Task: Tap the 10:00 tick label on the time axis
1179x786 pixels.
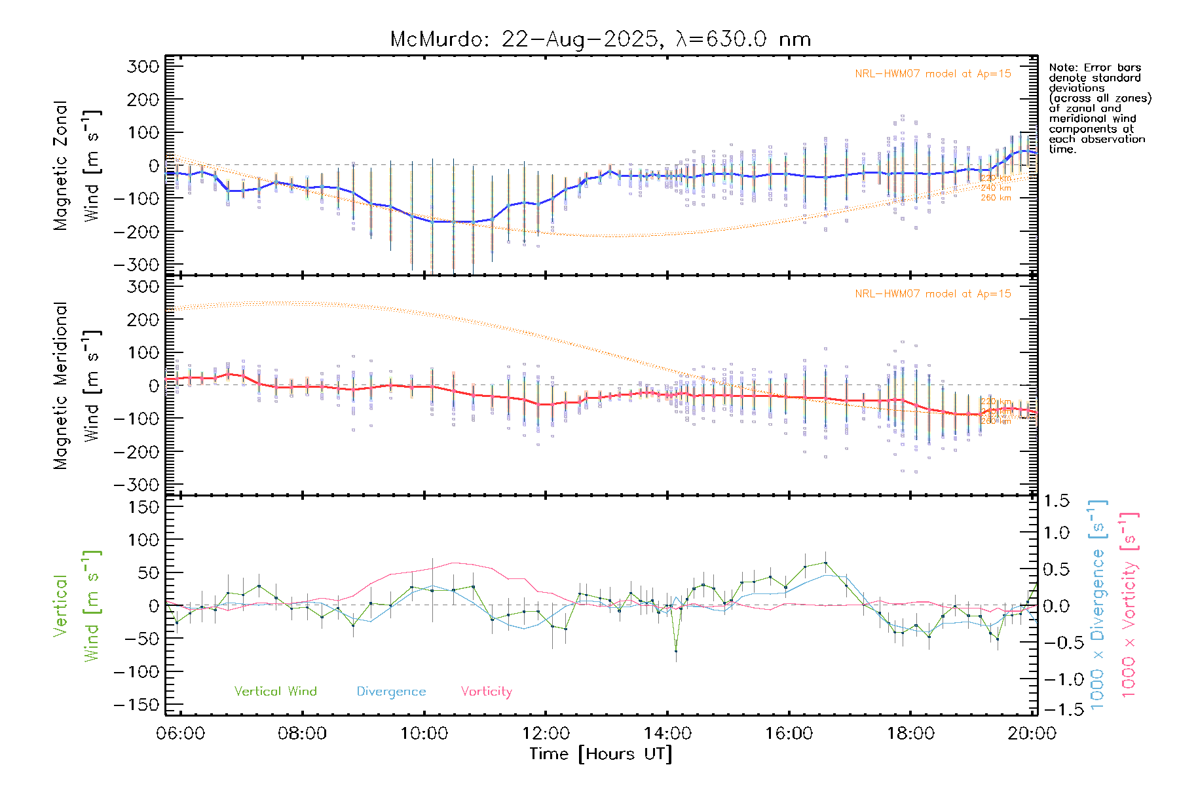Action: (x=424, y=734)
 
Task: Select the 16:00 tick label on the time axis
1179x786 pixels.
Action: (x=789, y=734)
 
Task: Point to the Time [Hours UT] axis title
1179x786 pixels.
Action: (x=600, y=754)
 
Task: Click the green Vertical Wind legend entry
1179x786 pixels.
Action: (x=275, y=692)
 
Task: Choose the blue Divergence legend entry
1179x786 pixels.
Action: (x=391, y=692)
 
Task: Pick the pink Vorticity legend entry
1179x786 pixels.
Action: (x=486, y=692)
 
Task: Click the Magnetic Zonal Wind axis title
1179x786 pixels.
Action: (x=77, y=166)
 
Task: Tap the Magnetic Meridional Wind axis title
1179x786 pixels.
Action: (x=77, y=386)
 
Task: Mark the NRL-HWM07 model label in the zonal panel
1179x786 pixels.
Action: (x=933, y=74)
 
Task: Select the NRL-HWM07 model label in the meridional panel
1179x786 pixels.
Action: (x=933, y=294)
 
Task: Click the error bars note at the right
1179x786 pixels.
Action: (x=1099, y=108)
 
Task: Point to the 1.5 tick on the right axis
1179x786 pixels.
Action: (x=1056, y=501)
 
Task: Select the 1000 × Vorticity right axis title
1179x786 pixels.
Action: (x=1129, y=605)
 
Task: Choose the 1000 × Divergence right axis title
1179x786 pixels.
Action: (x=1098, y=605)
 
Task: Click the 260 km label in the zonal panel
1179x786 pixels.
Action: (x=996, y=198)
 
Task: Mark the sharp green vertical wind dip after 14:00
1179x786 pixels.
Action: (x=676, y=650)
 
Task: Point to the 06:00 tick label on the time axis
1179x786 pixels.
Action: (x=181, y=734)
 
